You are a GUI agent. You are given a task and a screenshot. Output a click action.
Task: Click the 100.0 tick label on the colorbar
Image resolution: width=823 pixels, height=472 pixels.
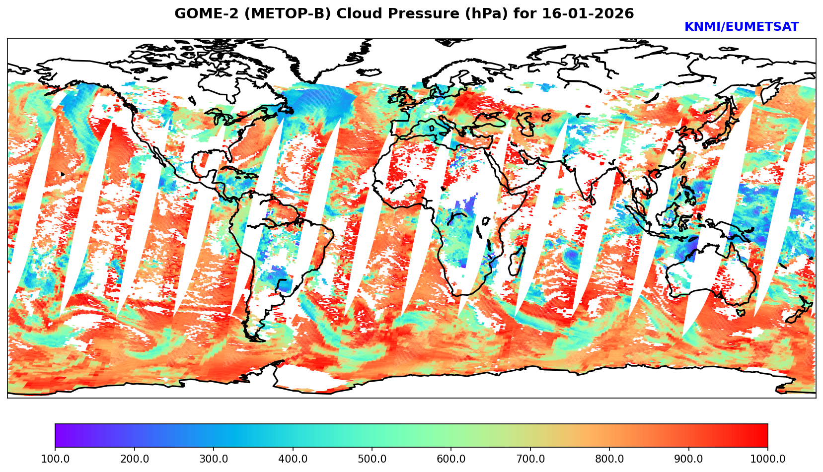click(x=55, y=459)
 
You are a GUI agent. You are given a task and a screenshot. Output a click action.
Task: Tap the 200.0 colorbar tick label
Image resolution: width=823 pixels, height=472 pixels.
click(x=134, y=459)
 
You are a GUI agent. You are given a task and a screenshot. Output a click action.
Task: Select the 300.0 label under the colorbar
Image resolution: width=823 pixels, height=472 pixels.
click(x=214, y=459)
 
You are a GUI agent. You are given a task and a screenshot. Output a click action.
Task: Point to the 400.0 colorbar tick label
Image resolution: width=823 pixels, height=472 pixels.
click(x=293, y=459)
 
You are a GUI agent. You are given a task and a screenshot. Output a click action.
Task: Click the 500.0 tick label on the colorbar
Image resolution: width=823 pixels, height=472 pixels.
click(x=372, y=459)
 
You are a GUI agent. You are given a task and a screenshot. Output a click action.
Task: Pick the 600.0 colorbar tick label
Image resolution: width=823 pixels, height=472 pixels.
click(x=451, y=459)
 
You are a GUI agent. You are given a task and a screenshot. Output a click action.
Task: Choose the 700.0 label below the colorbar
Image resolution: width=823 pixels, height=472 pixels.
click(x=530, y=459)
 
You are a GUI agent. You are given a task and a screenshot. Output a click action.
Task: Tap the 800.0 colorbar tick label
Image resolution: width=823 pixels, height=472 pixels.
click(x=609, y=459)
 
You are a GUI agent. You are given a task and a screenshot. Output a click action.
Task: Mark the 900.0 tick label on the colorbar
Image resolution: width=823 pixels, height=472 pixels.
click(x=689, y=459)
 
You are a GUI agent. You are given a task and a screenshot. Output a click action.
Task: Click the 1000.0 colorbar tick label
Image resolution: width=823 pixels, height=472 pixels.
click(x=768, y=459)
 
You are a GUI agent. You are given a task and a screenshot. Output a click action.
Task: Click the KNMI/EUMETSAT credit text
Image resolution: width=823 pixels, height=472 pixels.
click(x=741, y=27)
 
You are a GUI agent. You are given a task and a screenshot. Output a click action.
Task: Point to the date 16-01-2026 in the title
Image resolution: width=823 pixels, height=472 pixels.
click(x=588, y=14)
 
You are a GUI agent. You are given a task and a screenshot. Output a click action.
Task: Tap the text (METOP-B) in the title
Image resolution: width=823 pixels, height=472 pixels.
click(x=278, y=14)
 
